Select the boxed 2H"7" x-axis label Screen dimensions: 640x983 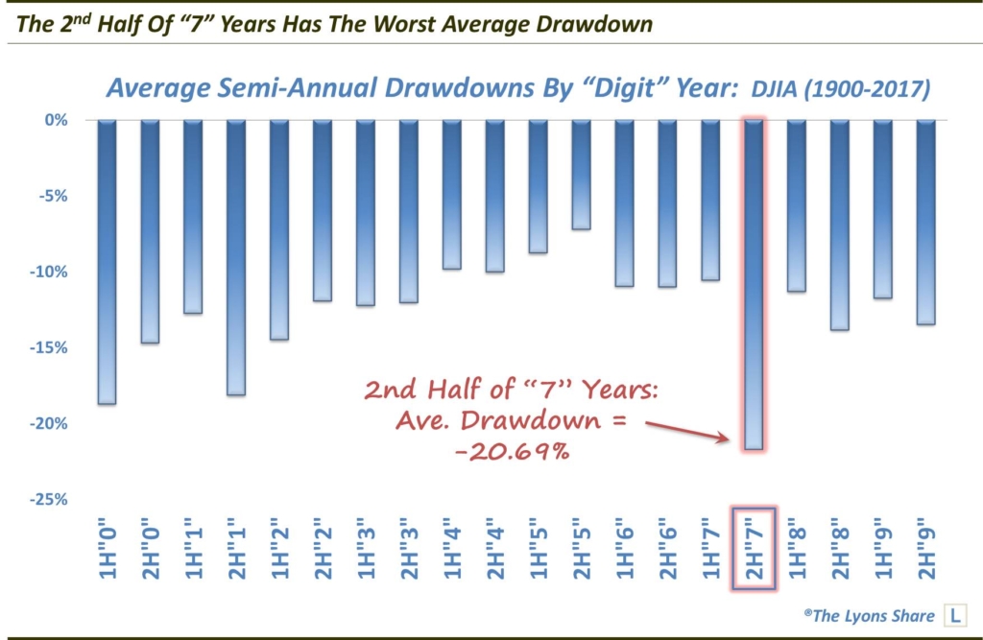(x=754, y=549)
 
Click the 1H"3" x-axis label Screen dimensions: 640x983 (x=365, y=549)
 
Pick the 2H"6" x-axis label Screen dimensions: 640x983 (x=667, y=549)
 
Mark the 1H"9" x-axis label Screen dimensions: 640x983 (x=883, y=549)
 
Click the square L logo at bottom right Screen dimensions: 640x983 (x=956, y=614)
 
